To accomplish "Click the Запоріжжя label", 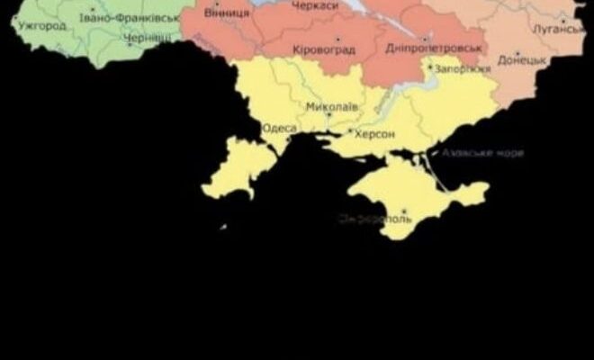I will pos(463,67).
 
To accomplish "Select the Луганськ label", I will pos(559,30).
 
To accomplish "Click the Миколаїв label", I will pos(331,106).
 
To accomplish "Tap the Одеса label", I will pos(279,129).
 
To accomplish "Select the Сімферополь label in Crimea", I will pos(375,218).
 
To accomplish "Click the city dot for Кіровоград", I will pos(337,40).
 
